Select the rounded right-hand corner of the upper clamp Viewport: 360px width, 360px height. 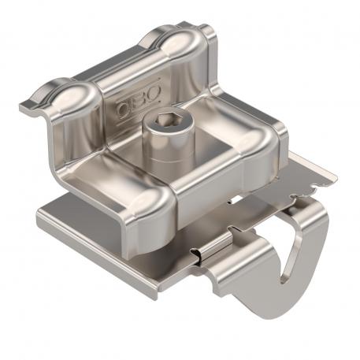tap(264, 142)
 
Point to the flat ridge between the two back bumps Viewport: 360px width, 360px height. tap(118, 63)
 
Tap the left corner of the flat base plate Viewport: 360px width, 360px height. tap(43, 211)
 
